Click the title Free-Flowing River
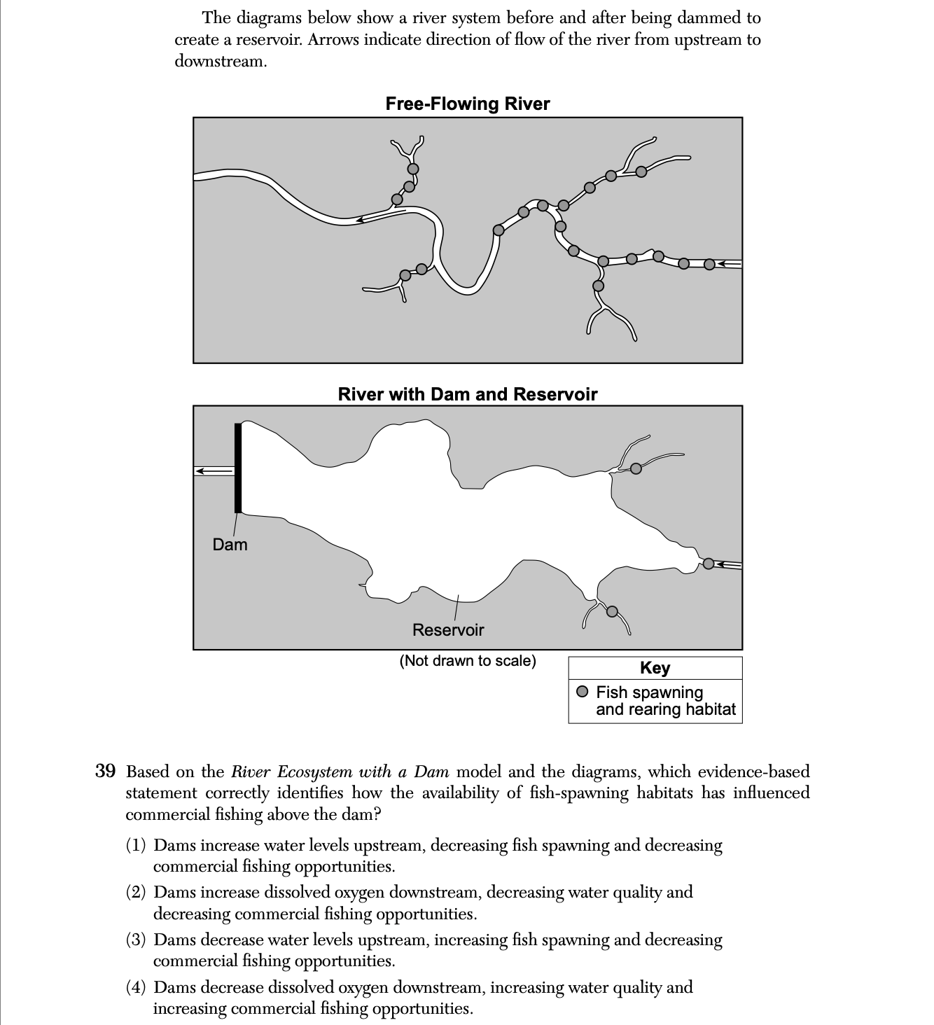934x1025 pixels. coord(467,104)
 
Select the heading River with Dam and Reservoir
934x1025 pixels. coord(467,394)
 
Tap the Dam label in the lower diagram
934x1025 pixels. coord(230,545)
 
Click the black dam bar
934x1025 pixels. coord(238,468)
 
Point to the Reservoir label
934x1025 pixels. coord(448,630)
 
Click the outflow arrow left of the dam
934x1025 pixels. coord(213,471)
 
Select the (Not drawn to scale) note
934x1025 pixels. coord(468,661)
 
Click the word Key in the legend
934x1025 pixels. coord(655,668)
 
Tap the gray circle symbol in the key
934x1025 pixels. coord(583,692)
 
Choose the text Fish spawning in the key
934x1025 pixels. coord(649,692)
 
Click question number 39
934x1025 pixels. coord(105,772)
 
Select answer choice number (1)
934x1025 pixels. coord(136,846)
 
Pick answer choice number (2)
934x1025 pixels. coord(136,893)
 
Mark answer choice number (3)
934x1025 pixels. coord(136,940)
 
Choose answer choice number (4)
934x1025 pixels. coord(136,987)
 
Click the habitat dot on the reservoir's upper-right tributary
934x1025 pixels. coord(636,468)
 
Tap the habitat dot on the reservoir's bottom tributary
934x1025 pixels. coord(612,611)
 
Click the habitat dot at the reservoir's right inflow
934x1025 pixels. coord(709,564)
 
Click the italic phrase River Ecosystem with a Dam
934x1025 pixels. coord(343,772)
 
